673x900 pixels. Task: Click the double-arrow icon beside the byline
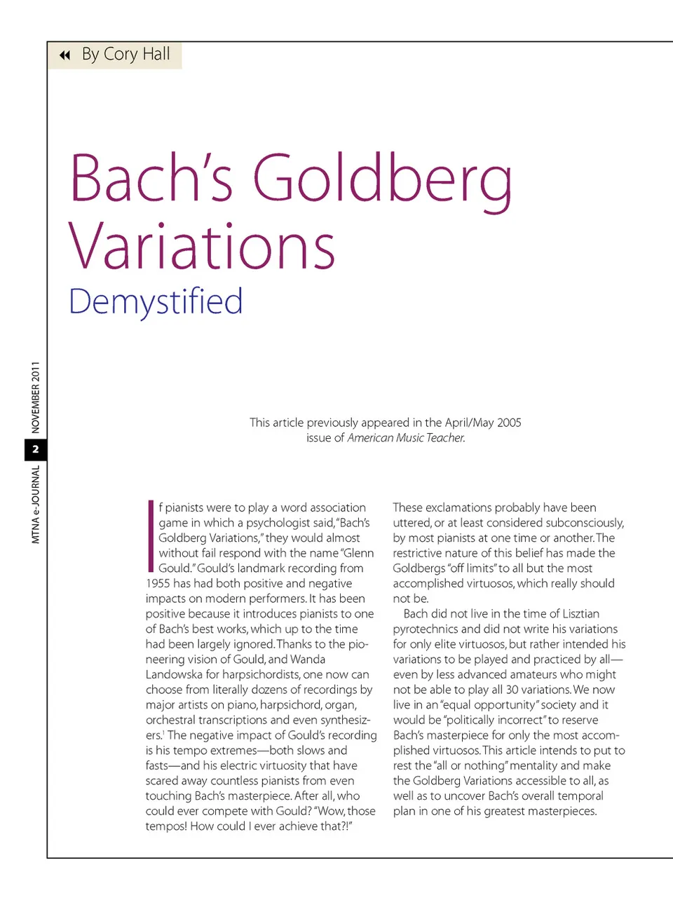coord(64,55)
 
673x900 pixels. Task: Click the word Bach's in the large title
coord(151,178)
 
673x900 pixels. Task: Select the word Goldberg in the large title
coord(382,180)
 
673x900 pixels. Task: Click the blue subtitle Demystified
coord(156,302)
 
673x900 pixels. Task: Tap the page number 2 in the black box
coord(36,449)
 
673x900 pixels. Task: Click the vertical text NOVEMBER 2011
coord(36,397)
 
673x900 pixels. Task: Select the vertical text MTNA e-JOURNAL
coord(36,505)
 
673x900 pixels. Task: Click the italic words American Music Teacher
coord(406,438)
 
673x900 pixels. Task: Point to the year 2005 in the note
coord(509,423)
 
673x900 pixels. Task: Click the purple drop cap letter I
coord(151,536)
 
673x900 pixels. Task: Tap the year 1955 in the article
coord(158,584)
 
